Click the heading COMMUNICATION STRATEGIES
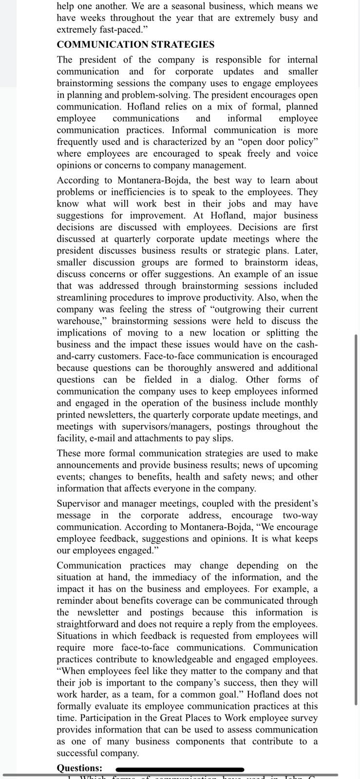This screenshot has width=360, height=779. coord(135,45)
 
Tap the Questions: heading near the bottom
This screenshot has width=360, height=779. coord(79,768)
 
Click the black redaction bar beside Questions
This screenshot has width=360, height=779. coord(180,769)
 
